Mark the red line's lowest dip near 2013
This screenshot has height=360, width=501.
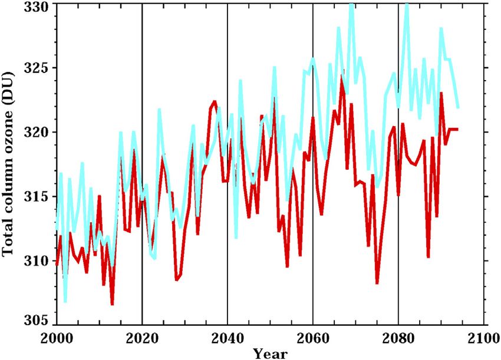112,304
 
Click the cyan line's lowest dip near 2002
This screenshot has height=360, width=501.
65,301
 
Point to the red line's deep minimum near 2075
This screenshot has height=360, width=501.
377,283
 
